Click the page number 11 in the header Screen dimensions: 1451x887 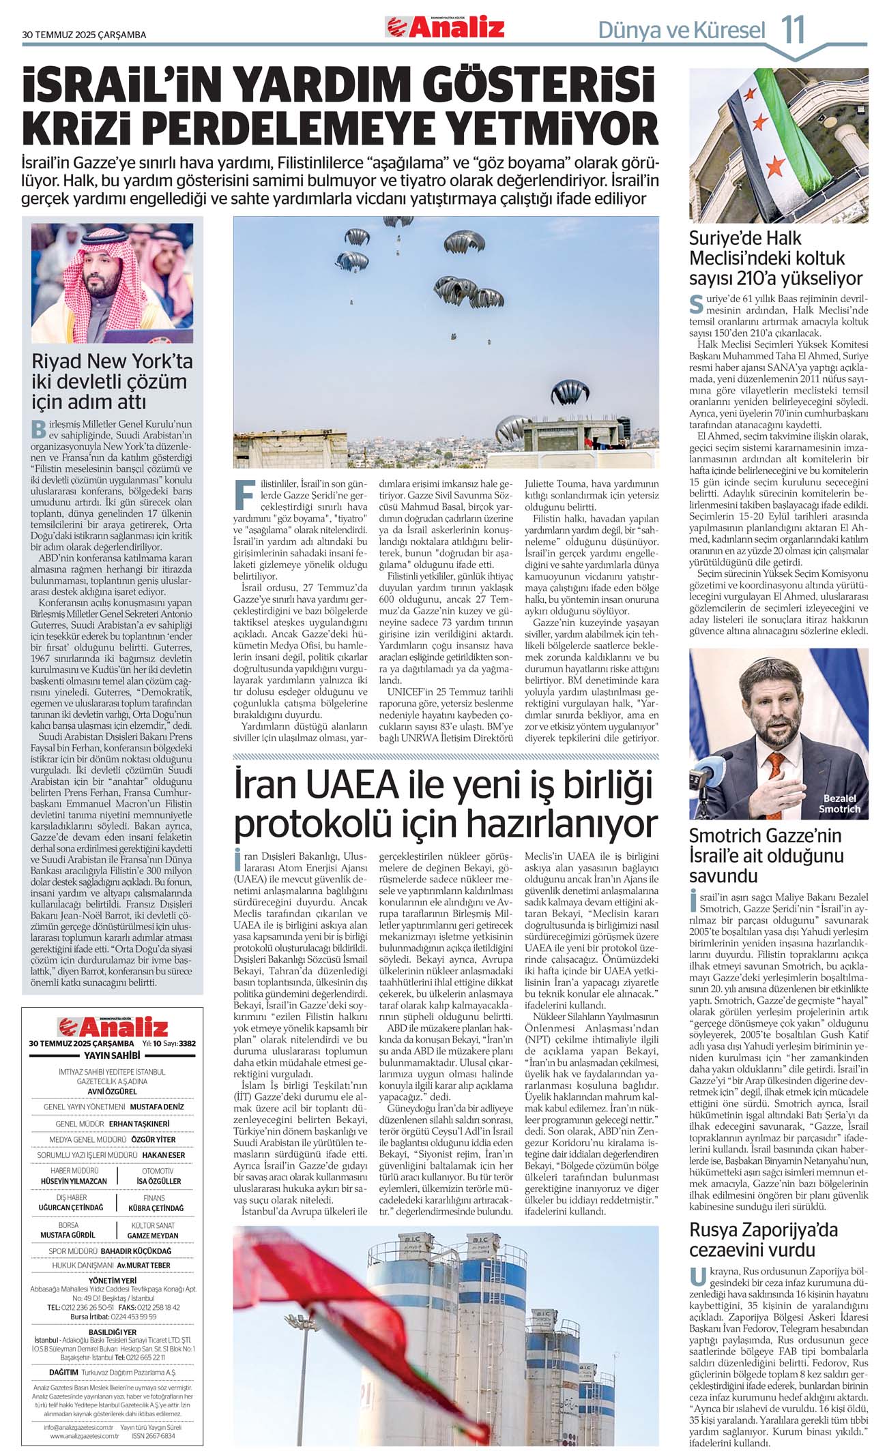coord(793,29)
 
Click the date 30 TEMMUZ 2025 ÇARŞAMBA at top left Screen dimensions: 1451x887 coord(84,35)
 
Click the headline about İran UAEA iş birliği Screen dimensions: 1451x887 coord(445,805)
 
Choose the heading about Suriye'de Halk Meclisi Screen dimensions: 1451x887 coord(776,258)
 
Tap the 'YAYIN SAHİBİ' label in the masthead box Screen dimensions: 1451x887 coord(112,1055)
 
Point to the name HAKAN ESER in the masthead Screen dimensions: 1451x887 coord(164,1154)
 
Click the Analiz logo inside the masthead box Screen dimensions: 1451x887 coord(113,1027)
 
